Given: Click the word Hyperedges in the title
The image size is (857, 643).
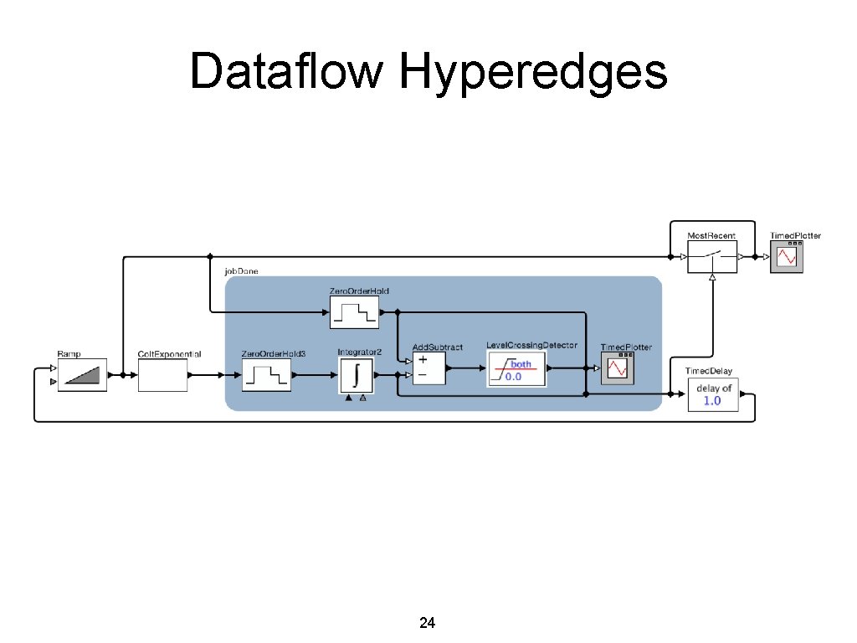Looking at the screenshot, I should tap(533, 71).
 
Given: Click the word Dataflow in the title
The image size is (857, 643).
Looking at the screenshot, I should tap(286, 71).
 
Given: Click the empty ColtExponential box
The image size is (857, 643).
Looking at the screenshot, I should tap(162, 375).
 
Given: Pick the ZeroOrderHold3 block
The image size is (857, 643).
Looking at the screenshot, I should tap(265, 375).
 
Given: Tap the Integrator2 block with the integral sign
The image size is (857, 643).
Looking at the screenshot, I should tap(357, 375).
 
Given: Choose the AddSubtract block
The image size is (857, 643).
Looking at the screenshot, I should tap(429, 368).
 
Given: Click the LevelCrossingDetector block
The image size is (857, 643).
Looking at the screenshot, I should tap(516, 369).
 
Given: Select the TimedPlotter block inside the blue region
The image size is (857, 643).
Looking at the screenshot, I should tap(618, 369).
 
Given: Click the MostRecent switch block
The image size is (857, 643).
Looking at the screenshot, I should tap(712, 257).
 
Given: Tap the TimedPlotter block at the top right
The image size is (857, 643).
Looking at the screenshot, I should tap(787, 257).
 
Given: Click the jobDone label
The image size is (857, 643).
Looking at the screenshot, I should tap(241, 272).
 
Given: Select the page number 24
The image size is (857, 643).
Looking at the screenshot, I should tap(427, 623).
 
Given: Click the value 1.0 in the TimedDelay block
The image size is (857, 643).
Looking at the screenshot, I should tap(712, 401).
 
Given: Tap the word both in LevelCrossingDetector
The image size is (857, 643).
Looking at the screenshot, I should tap(521, 364).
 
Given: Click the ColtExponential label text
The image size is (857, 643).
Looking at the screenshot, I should tap(169, 354).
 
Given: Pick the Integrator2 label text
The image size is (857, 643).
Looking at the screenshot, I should tap(360, 352).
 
